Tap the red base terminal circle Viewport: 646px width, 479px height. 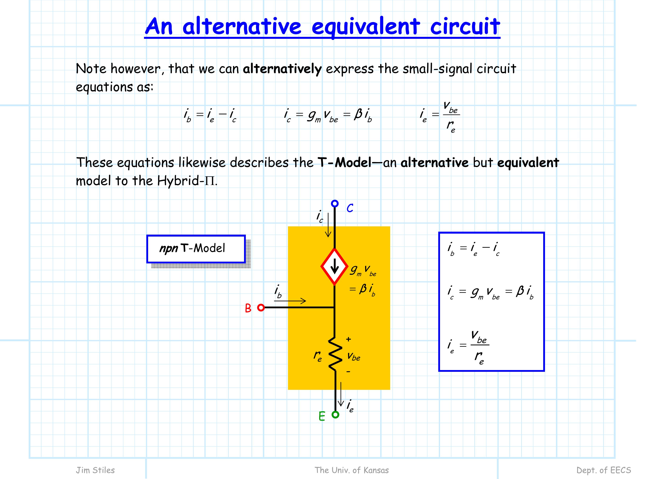tap(261, 308)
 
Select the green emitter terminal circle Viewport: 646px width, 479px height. tap(335, 415)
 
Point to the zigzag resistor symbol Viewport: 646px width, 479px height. tap(335, 354)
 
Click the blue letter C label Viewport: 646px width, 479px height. tap(350, 208)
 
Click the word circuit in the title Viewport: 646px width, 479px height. tap(465, 26)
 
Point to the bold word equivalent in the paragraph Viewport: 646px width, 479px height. tap(528, 163)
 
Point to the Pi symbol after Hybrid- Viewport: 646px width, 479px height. tap(210, 181)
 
